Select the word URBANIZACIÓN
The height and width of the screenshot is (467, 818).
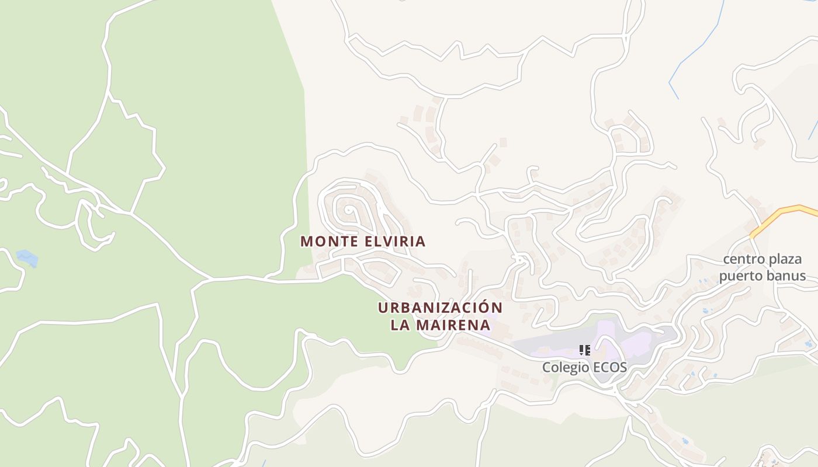pyautogui.click(x=440, y=308)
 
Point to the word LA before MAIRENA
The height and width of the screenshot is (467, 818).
pyautogui.click(x=400, y=326)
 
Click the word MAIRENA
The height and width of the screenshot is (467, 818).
pyautogui.click(x=453, y=326)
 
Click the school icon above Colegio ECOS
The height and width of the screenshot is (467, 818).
pyautogui.click(x=584, y=350)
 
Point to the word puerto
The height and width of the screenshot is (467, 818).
pyautogui.click(x=738, y=276)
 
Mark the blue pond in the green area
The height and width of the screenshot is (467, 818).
pyautogui.click(x=27, y=257)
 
